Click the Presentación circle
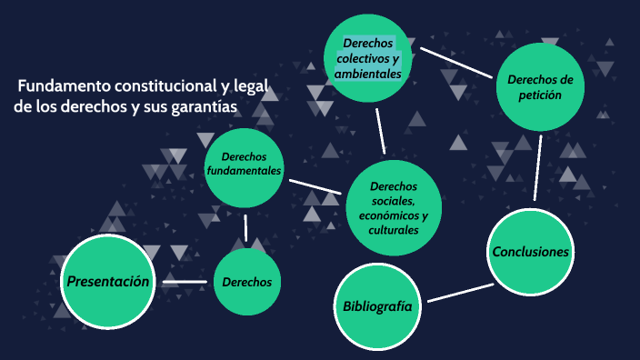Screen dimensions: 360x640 (107, 281)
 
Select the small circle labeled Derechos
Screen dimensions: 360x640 (247, 282)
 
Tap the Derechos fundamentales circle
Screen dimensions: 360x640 (245, 166)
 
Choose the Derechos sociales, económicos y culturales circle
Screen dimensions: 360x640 (394, 208)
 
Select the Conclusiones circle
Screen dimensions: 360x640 (530, 252)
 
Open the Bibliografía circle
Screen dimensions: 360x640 (376, 306)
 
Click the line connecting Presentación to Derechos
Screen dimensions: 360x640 (185, 283)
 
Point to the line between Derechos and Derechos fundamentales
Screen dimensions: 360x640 (245, 227)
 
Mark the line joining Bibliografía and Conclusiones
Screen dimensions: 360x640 (459, 292)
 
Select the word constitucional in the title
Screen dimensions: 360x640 (158, 86)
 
